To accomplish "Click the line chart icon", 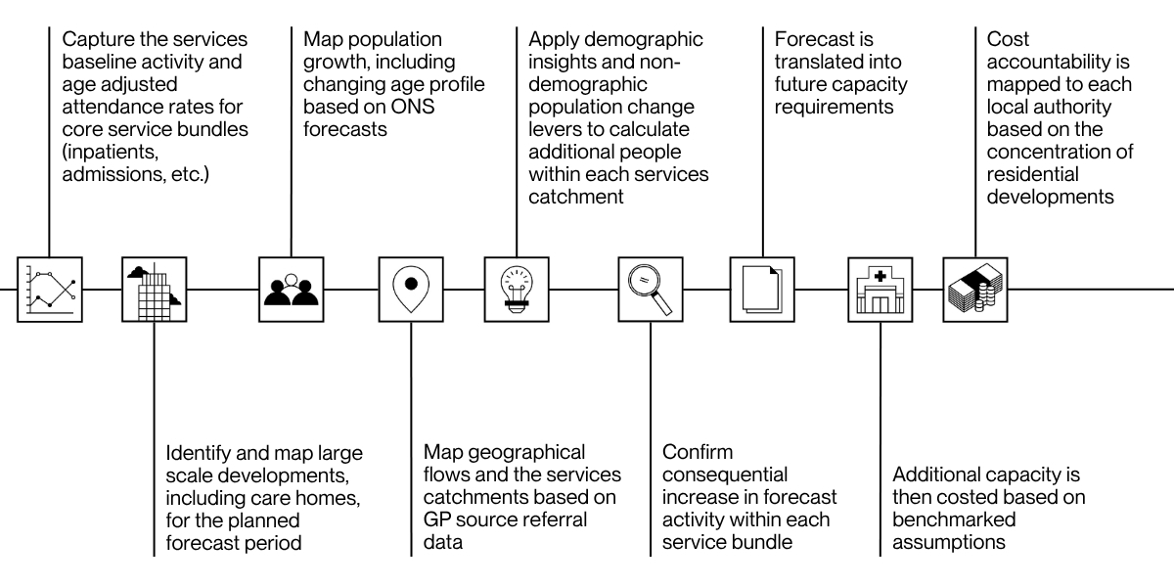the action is point(50,290).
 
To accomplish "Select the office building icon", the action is point(155,290).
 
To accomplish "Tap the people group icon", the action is point(292,290).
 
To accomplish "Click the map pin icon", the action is point(411,290).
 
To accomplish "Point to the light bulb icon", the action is point(517,290).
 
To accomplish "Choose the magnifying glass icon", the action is point(651,290).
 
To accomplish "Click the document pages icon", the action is point(762,290).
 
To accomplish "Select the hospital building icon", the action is point(880,290).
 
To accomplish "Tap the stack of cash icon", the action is point(975,290).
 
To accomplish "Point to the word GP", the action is point(436,519).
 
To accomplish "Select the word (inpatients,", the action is point(111,153).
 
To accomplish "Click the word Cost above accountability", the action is point(1008,39).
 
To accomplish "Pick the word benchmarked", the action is point(954,519).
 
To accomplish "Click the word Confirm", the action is point(698,452).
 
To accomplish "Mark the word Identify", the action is point(199,454).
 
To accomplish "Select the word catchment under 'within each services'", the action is point(576,197).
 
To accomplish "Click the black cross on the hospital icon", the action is point(880,276).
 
